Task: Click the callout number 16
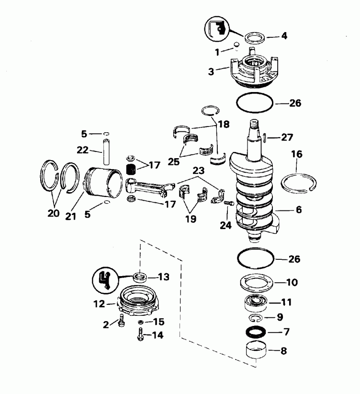tap(297, 154)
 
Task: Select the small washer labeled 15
tap(141, 322)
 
